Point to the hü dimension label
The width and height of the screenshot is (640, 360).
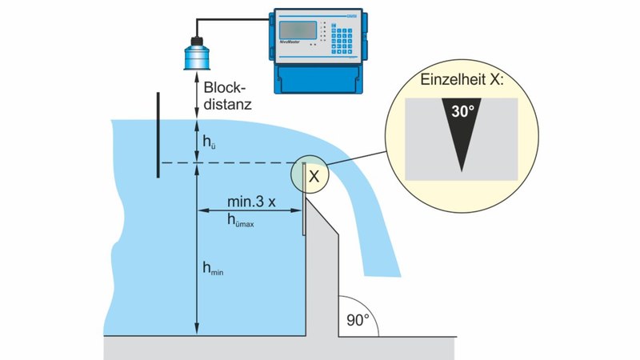[210, 142]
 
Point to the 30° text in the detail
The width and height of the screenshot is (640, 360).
[462, 113]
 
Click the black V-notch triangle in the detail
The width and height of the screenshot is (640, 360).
[462, 140]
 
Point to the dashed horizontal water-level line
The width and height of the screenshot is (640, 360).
[240, 164]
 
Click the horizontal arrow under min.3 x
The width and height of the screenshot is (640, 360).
[249, 211]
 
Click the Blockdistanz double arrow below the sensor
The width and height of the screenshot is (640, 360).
[194, 97]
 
